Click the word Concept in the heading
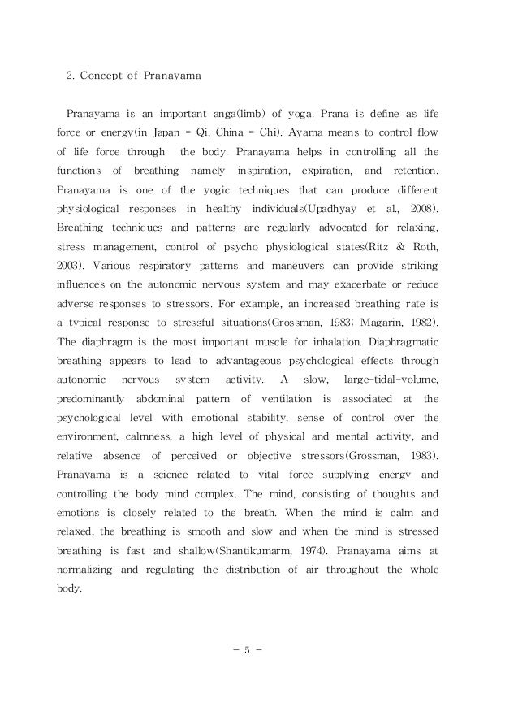click(x=106, y=78)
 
